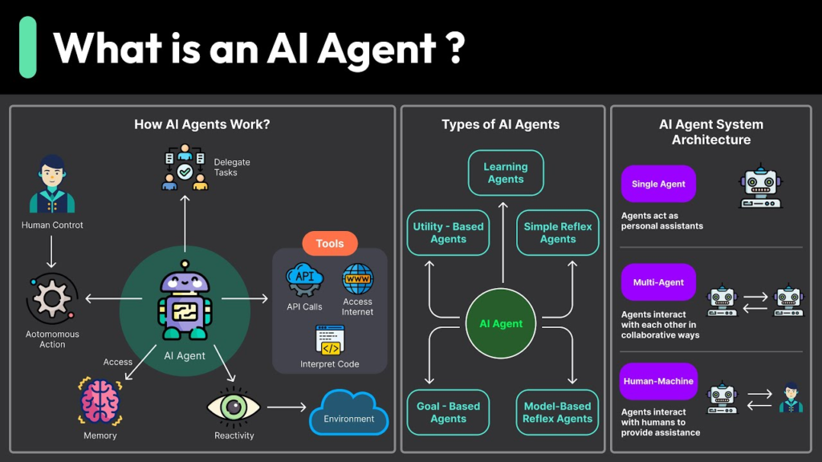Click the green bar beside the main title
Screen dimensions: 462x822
tap(28, 47)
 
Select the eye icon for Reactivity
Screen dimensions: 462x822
tap(234, 406)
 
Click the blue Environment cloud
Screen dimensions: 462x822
tap(349, 413)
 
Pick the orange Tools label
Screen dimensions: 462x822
tap(330, 244)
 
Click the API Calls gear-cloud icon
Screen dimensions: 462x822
tap(304, 281)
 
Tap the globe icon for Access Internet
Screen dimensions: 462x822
tap(357, 280)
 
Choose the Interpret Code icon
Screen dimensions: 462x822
tap(330, 340)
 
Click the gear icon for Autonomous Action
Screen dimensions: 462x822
tap(52, 299)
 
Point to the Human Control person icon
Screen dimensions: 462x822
tap(52, 185)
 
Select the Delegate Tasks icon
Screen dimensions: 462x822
tap(185, 167)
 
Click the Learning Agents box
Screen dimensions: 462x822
tap(506, 173)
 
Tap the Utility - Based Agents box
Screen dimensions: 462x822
tap(448, 233)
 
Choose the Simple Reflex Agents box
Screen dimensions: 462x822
tap(558, 233)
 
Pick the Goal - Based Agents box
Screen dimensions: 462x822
tap(448, 412)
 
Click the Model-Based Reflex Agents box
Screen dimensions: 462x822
tap(558, 412)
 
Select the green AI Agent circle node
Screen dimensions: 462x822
tap(501, 324)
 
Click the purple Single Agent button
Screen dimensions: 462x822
tap(658, 184)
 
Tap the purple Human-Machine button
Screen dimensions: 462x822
tap(658, 381)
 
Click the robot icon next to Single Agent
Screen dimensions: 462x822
tap(759, 187)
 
